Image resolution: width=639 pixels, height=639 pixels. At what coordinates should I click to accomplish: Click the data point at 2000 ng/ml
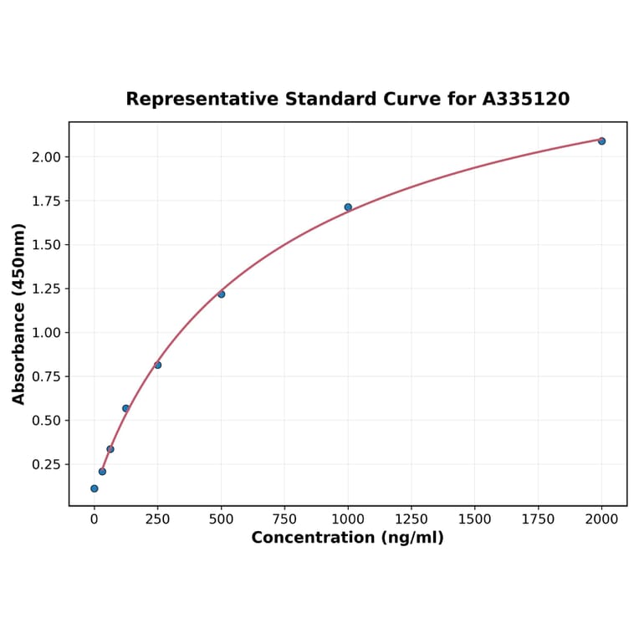pyautogui.click(x=601, y=141)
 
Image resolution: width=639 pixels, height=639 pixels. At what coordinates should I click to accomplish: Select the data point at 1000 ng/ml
pyautogui.click(x=348, y=207)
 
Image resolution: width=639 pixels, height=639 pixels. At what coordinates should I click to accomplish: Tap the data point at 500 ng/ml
pyautogui.click(x=221, y=294)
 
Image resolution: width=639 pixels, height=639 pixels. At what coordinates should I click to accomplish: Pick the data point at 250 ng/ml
pyautogui.click(x=157, y=365)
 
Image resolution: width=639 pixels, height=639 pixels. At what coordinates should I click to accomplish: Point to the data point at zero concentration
pyautogui.click(x=94, y=488)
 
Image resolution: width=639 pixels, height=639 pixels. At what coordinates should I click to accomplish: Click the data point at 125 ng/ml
pyautogui.click(x=125, y=408)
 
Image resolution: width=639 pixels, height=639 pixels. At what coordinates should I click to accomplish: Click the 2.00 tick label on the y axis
pyautogui.click(x=46, y=157)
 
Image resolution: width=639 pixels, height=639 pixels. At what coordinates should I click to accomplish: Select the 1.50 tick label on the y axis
pyautogui.click(x=46, y=245)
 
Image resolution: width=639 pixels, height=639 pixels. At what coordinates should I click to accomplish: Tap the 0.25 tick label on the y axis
pyautogui.click(x=46, y=464)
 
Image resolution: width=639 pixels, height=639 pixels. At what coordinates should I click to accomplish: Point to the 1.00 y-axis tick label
pyautogui.click(x=46, y=333)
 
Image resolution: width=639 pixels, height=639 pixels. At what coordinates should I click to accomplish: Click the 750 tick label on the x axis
pyautogui.click(x=284, y=519)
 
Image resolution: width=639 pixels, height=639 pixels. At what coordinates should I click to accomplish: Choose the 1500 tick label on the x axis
pyautogui.click(x=475, y=519)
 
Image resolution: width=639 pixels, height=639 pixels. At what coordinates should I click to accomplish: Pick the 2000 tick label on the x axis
pyautogui.click(x=602, y=519)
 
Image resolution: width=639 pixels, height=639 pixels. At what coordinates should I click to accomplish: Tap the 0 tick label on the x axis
pyautogui.click(x=94, y=519)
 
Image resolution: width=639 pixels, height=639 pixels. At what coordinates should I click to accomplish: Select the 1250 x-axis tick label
pyautogui.click(x=412, y=519)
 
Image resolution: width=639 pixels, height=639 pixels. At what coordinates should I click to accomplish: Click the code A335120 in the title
pyautogui.click(x=526, y=99)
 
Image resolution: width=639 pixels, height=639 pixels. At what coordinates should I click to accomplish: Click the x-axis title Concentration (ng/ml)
pyautogui.click(x=347, y=538)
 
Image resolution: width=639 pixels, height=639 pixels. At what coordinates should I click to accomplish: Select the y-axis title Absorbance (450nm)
pyautogui.click(x=19, y=314)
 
